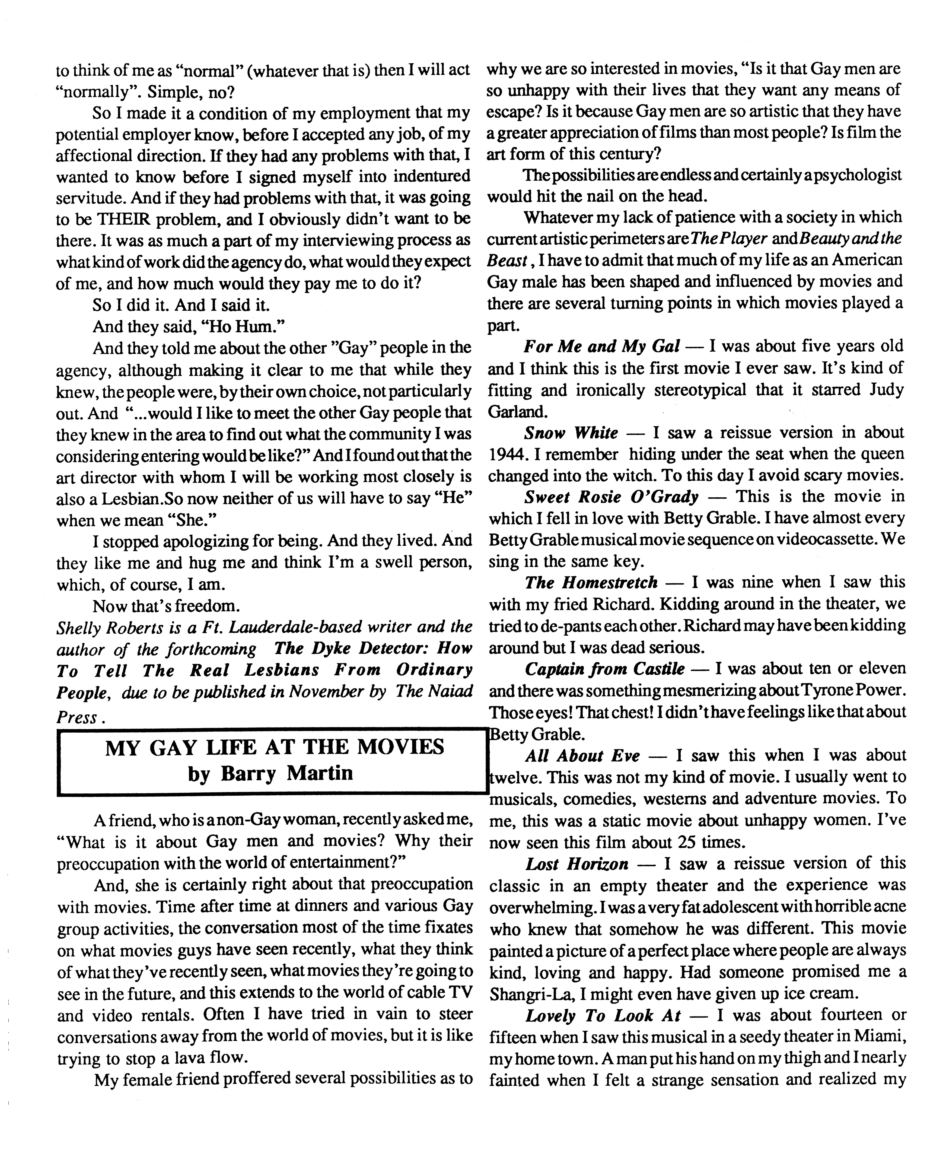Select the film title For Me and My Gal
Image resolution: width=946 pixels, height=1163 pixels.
(602, 346)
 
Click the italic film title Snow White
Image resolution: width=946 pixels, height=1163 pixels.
(571, 433)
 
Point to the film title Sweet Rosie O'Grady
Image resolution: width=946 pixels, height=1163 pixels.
(611, 497)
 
